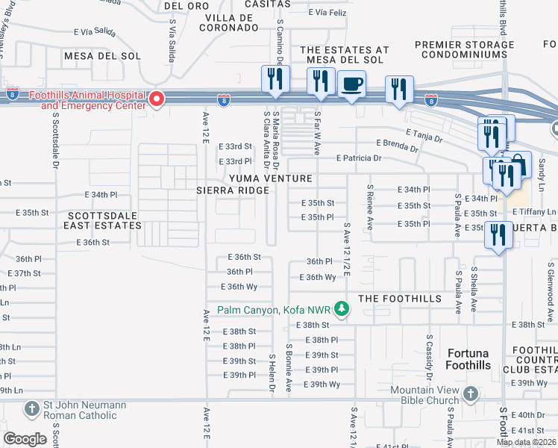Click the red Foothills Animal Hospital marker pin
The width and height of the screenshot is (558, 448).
point(157,99)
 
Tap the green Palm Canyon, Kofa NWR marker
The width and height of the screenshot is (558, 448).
point(341,309)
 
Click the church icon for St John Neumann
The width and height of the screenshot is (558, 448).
point(32,408)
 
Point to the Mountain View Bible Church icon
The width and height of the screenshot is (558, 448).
point(471,393)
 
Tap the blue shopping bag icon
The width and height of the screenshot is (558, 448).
point(519,164)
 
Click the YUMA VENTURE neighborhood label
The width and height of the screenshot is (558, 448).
point(270,178)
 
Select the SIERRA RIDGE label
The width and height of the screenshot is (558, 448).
point(232,190)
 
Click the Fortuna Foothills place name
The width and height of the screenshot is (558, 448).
point(468,358)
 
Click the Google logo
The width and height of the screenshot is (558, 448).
point(25,439)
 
